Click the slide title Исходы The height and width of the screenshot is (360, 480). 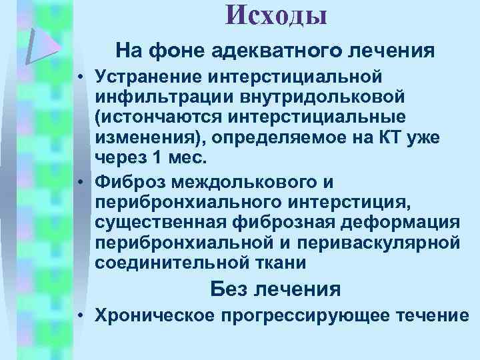276,15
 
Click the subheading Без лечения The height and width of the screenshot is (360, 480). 275,289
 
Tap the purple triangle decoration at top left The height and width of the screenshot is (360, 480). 41,45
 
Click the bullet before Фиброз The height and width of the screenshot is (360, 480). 79,179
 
